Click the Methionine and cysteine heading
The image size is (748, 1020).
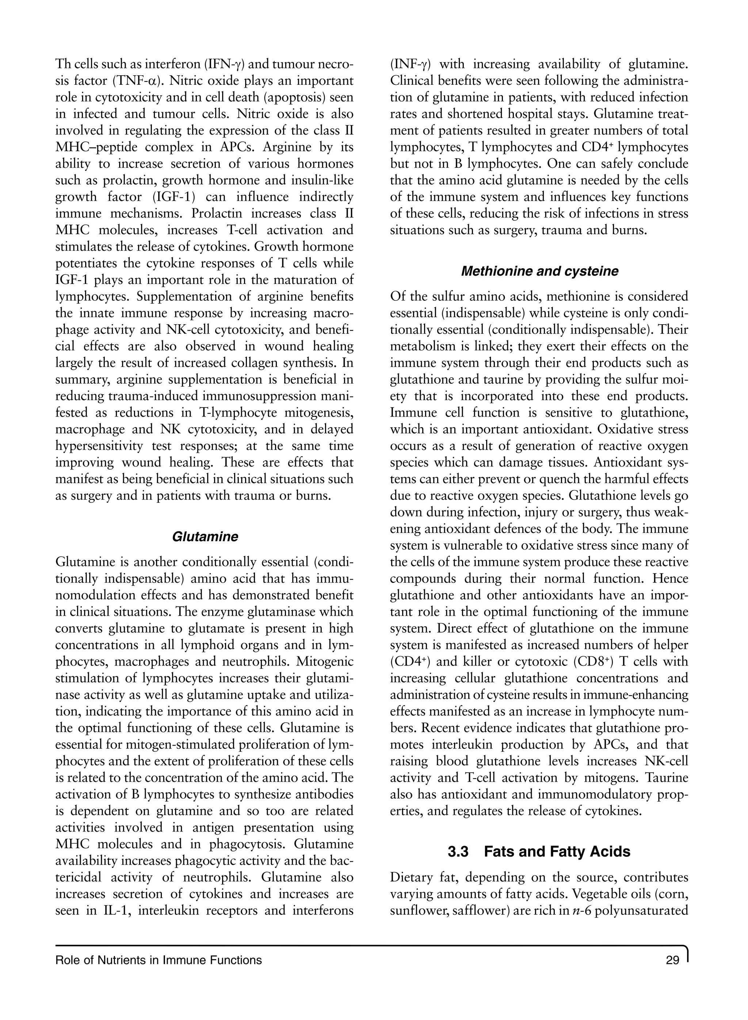(x=539, y=271)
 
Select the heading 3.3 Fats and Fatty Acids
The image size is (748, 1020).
(x=539, y=852)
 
